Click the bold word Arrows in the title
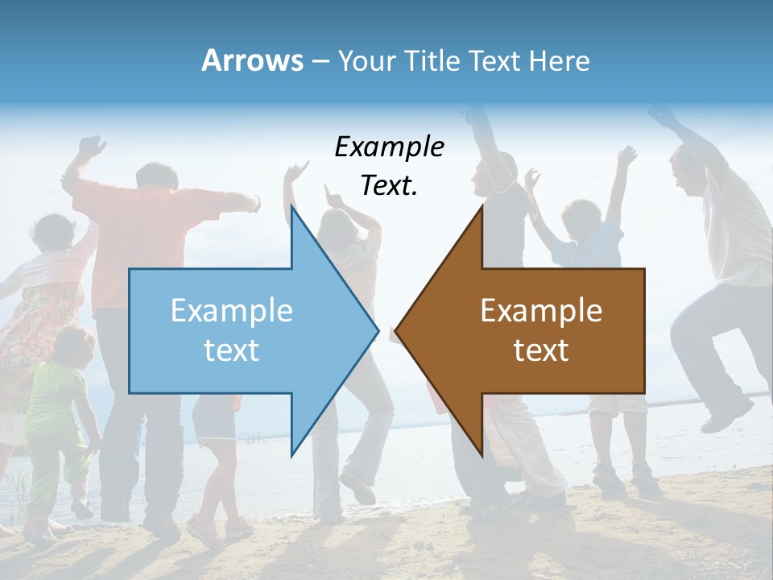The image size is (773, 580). pos(252,60)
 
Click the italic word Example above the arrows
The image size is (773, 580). pos(389,147)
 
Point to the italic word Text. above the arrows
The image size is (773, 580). pos(389,186)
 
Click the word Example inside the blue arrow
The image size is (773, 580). pos(231,310)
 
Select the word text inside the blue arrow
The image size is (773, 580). pos(231,350)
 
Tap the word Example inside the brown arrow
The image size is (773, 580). pos(541,310)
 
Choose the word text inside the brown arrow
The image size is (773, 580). pos(541,350)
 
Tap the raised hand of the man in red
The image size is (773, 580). pos(90,147)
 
